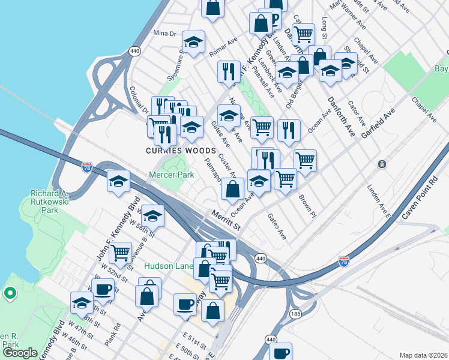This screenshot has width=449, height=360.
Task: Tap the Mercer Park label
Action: (x=172, y=175)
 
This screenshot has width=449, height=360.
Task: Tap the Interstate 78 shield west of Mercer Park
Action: (x=88, y=168)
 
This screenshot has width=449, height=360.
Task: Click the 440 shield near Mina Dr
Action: (x=134, y=52)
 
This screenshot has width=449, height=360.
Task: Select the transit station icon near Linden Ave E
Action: (x=382, y=164)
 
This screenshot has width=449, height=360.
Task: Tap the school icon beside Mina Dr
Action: (x=193, y=42)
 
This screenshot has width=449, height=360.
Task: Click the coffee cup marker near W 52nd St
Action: (x=103, y=289)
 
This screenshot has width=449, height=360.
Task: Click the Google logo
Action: (x=20, y=353)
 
